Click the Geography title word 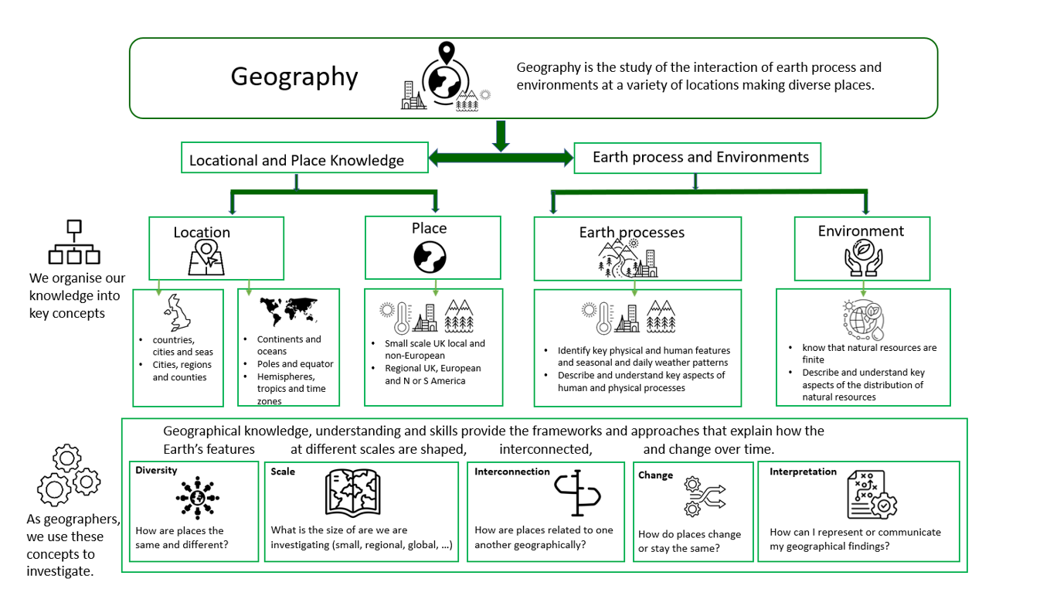coord(294,77)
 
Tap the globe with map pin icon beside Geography coord(444,77)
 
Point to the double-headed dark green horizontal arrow coord(501,158)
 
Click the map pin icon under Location coord(206,257)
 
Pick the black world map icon coord(289,312)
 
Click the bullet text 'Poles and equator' coord(295,364)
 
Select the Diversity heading coord(156,470)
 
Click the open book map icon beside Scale coord(353,492)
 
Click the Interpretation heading coord(803,472)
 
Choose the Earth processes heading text coord(631,232)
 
